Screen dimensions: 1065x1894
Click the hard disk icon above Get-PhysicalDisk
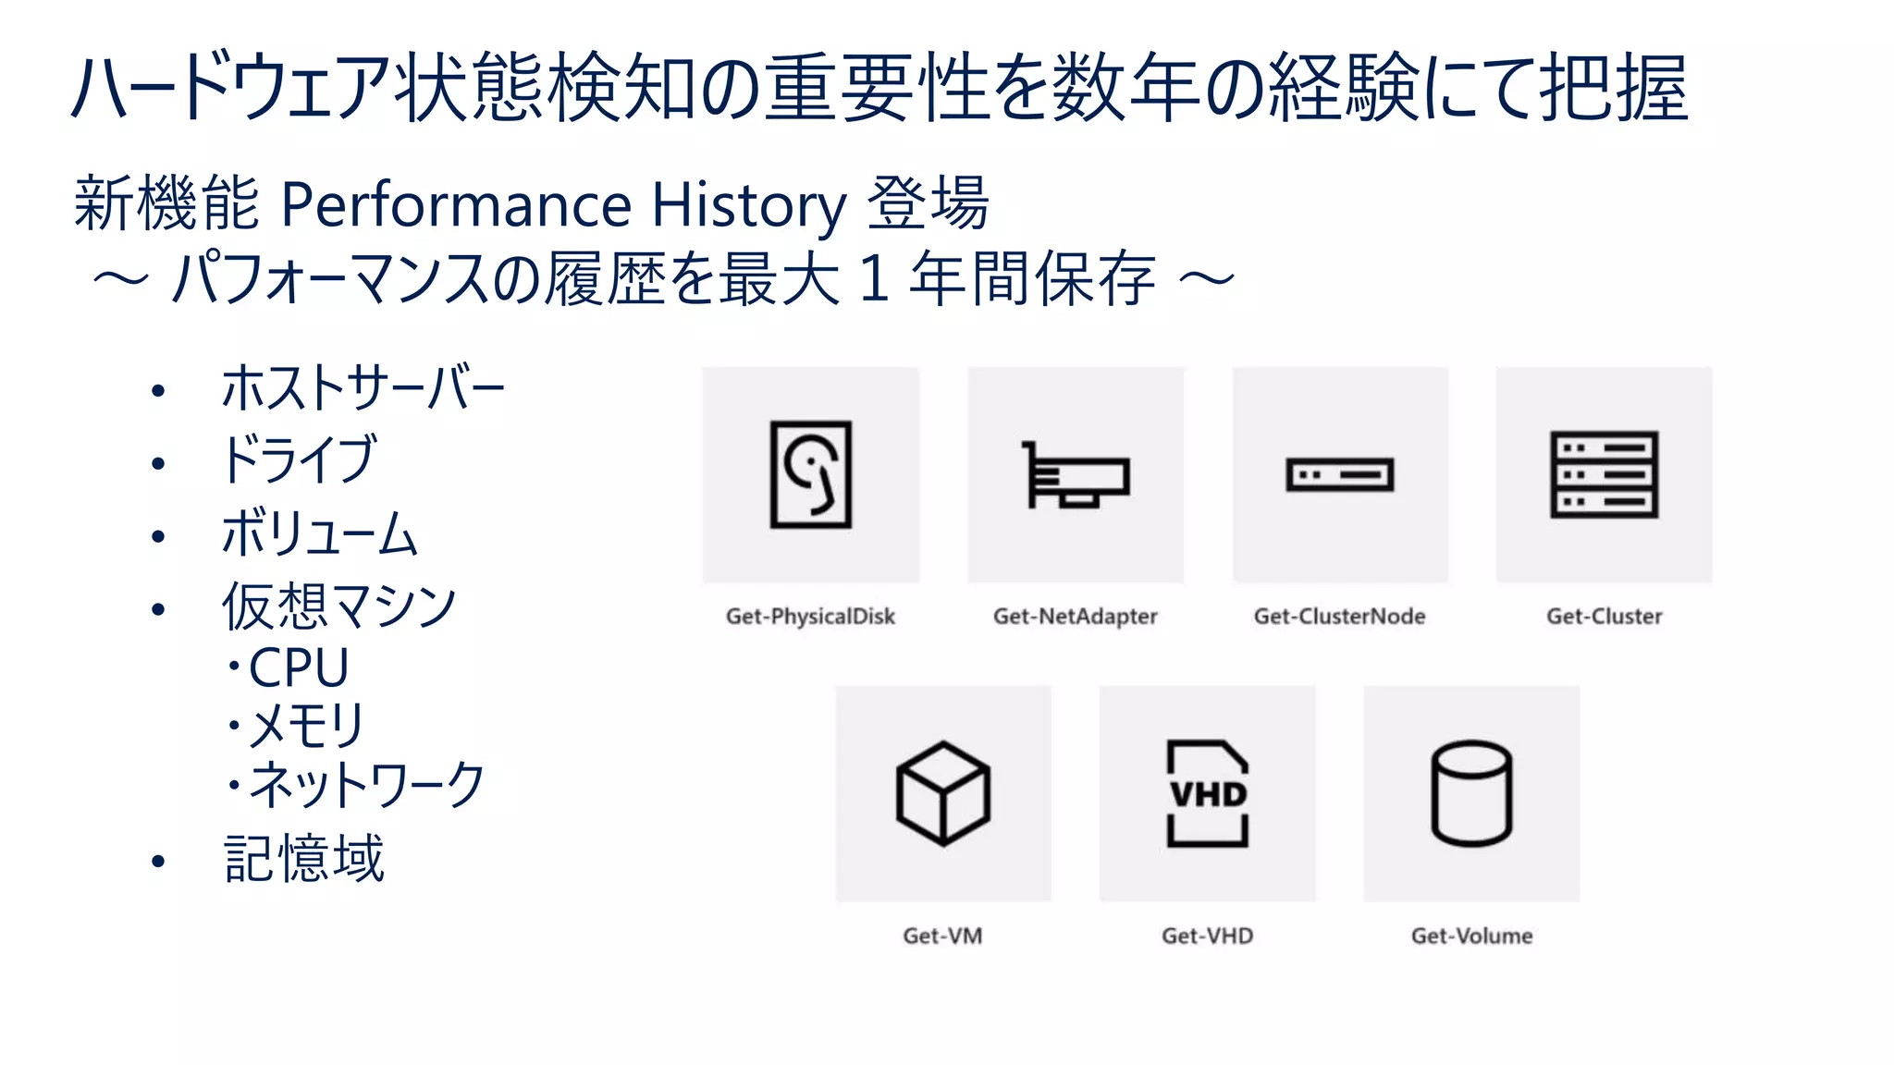click(x=811, y=474)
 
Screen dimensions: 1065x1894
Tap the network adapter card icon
click(x=1076, y=475)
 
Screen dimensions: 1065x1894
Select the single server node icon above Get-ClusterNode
click(x=1339, y=475)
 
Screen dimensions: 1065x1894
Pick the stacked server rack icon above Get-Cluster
click(x=1604, y=474)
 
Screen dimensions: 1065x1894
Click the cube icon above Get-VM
click(x=943, y=793)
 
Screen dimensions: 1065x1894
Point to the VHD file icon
click(x=1207, y=793)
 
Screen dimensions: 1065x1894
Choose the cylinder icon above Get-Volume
click(x=1471, y=793)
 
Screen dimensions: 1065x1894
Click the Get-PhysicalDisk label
click(x=810, y=617)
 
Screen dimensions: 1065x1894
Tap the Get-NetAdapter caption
click(x=1075, y=617)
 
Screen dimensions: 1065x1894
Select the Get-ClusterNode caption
click(x=1339, y=617)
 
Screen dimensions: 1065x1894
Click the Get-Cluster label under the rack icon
click(x=1604, y=617)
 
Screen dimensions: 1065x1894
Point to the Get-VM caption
click(x=942, y=936)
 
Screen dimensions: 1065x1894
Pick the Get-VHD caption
click(x=1207, y=936)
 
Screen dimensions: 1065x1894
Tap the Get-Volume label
click(x=1471, y=936)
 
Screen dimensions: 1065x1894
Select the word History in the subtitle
click(x=749, y=205)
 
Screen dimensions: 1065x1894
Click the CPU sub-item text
click(x=298, y=667)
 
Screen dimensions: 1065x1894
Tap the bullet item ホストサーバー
click(x=363, y=388)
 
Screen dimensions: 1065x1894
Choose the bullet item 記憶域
click(x=303, y=859)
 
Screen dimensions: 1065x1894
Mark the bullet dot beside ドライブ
click(x=158, y=463)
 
